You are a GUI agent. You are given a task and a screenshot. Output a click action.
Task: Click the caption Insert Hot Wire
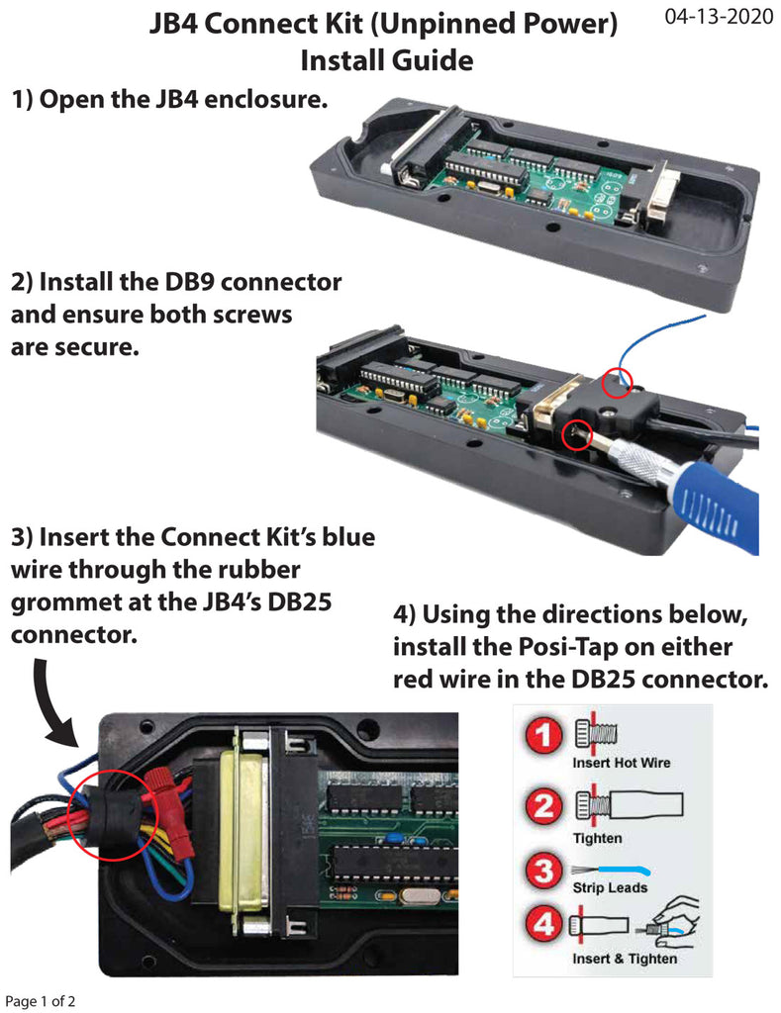pos(621,764)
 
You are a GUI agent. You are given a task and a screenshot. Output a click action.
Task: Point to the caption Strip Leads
pos(610,887)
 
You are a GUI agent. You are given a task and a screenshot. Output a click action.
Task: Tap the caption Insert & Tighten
pos(625,959)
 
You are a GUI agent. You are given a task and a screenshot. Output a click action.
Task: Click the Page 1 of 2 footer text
pos(41,1000)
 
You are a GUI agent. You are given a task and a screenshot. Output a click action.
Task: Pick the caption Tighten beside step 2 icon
pos(597,839)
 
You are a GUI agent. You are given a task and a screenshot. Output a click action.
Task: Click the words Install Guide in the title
pos(386,61)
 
